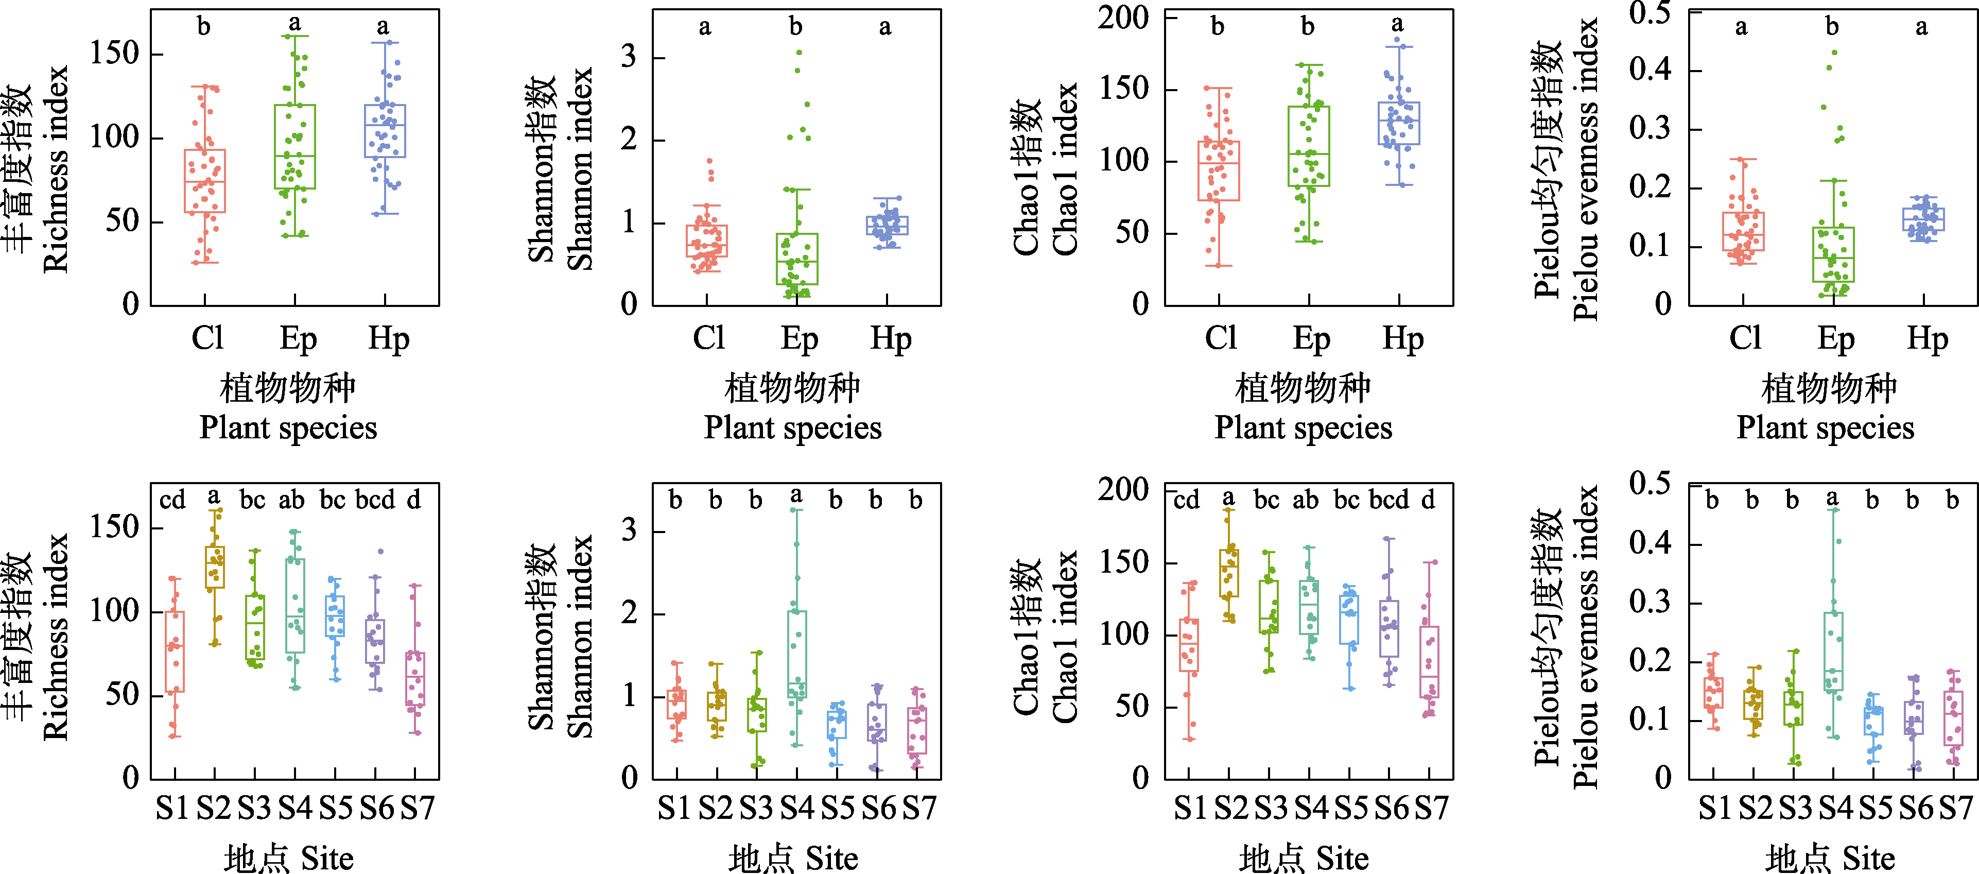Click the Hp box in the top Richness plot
pos(386,131)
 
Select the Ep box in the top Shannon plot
pos(796,259)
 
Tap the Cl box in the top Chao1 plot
pos(1219,170)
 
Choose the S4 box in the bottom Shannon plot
pos(796,654)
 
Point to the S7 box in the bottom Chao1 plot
pos(1429,662)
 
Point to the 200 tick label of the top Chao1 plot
pos(1122,17)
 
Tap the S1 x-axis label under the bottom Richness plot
pos(173,808)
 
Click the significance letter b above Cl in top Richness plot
pos(203,27)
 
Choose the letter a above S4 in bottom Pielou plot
pos(1832,498)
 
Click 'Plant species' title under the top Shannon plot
pos(793,427)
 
